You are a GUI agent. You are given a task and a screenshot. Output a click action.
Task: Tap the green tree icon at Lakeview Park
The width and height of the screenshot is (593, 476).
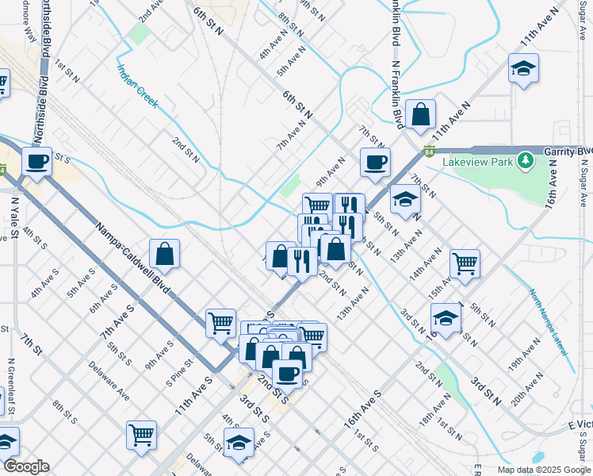(x=524, y=162)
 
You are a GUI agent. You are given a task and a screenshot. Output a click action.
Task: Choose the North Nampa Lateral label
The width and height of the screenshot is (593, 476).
(x=549, y=317)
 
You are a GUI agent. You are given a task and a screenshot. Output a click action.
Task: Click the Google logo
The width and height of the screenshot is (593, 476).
(x=26, y=466)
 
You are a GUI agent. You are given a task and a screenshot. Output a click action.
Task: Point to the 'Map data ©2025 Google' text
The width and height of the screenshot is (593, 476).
(x=544, y=470)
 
